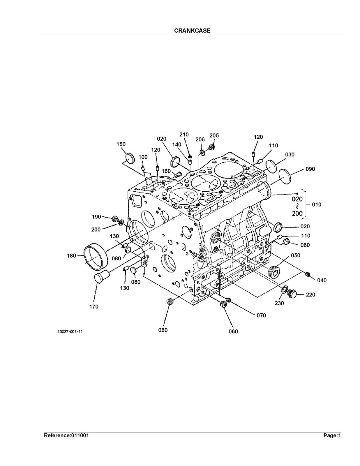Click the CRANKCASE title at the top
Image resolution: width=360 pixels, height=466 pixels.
point(192,31)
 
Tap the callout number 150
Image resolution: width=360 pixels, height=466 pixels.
point(121,144)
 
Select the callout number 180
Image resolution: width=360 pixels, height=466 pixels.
point(71,255)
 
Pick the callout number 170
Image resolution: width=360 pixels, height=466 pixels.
point(94,307)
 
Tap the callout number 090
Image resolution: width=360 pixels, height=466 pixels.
point(310,169)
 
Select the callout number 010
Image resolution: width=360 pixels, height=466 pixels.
point(317,204)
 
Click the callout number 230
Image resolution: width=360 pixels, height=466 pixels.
point(279,303)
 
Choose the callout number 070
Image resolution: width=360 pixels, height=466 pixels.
point(261,315)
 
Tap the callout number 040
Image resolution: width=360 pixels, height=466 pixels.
point(322,280)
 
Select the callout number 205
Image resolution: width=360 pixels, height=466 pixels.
point(214,135)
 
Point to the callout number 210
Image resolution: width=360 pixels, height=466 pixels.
point(184,135)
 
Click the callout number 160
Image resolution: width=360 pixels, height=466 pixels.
point(166,171)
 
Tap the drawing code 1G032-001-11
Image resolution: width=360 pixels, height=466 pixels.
point(70,332)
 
